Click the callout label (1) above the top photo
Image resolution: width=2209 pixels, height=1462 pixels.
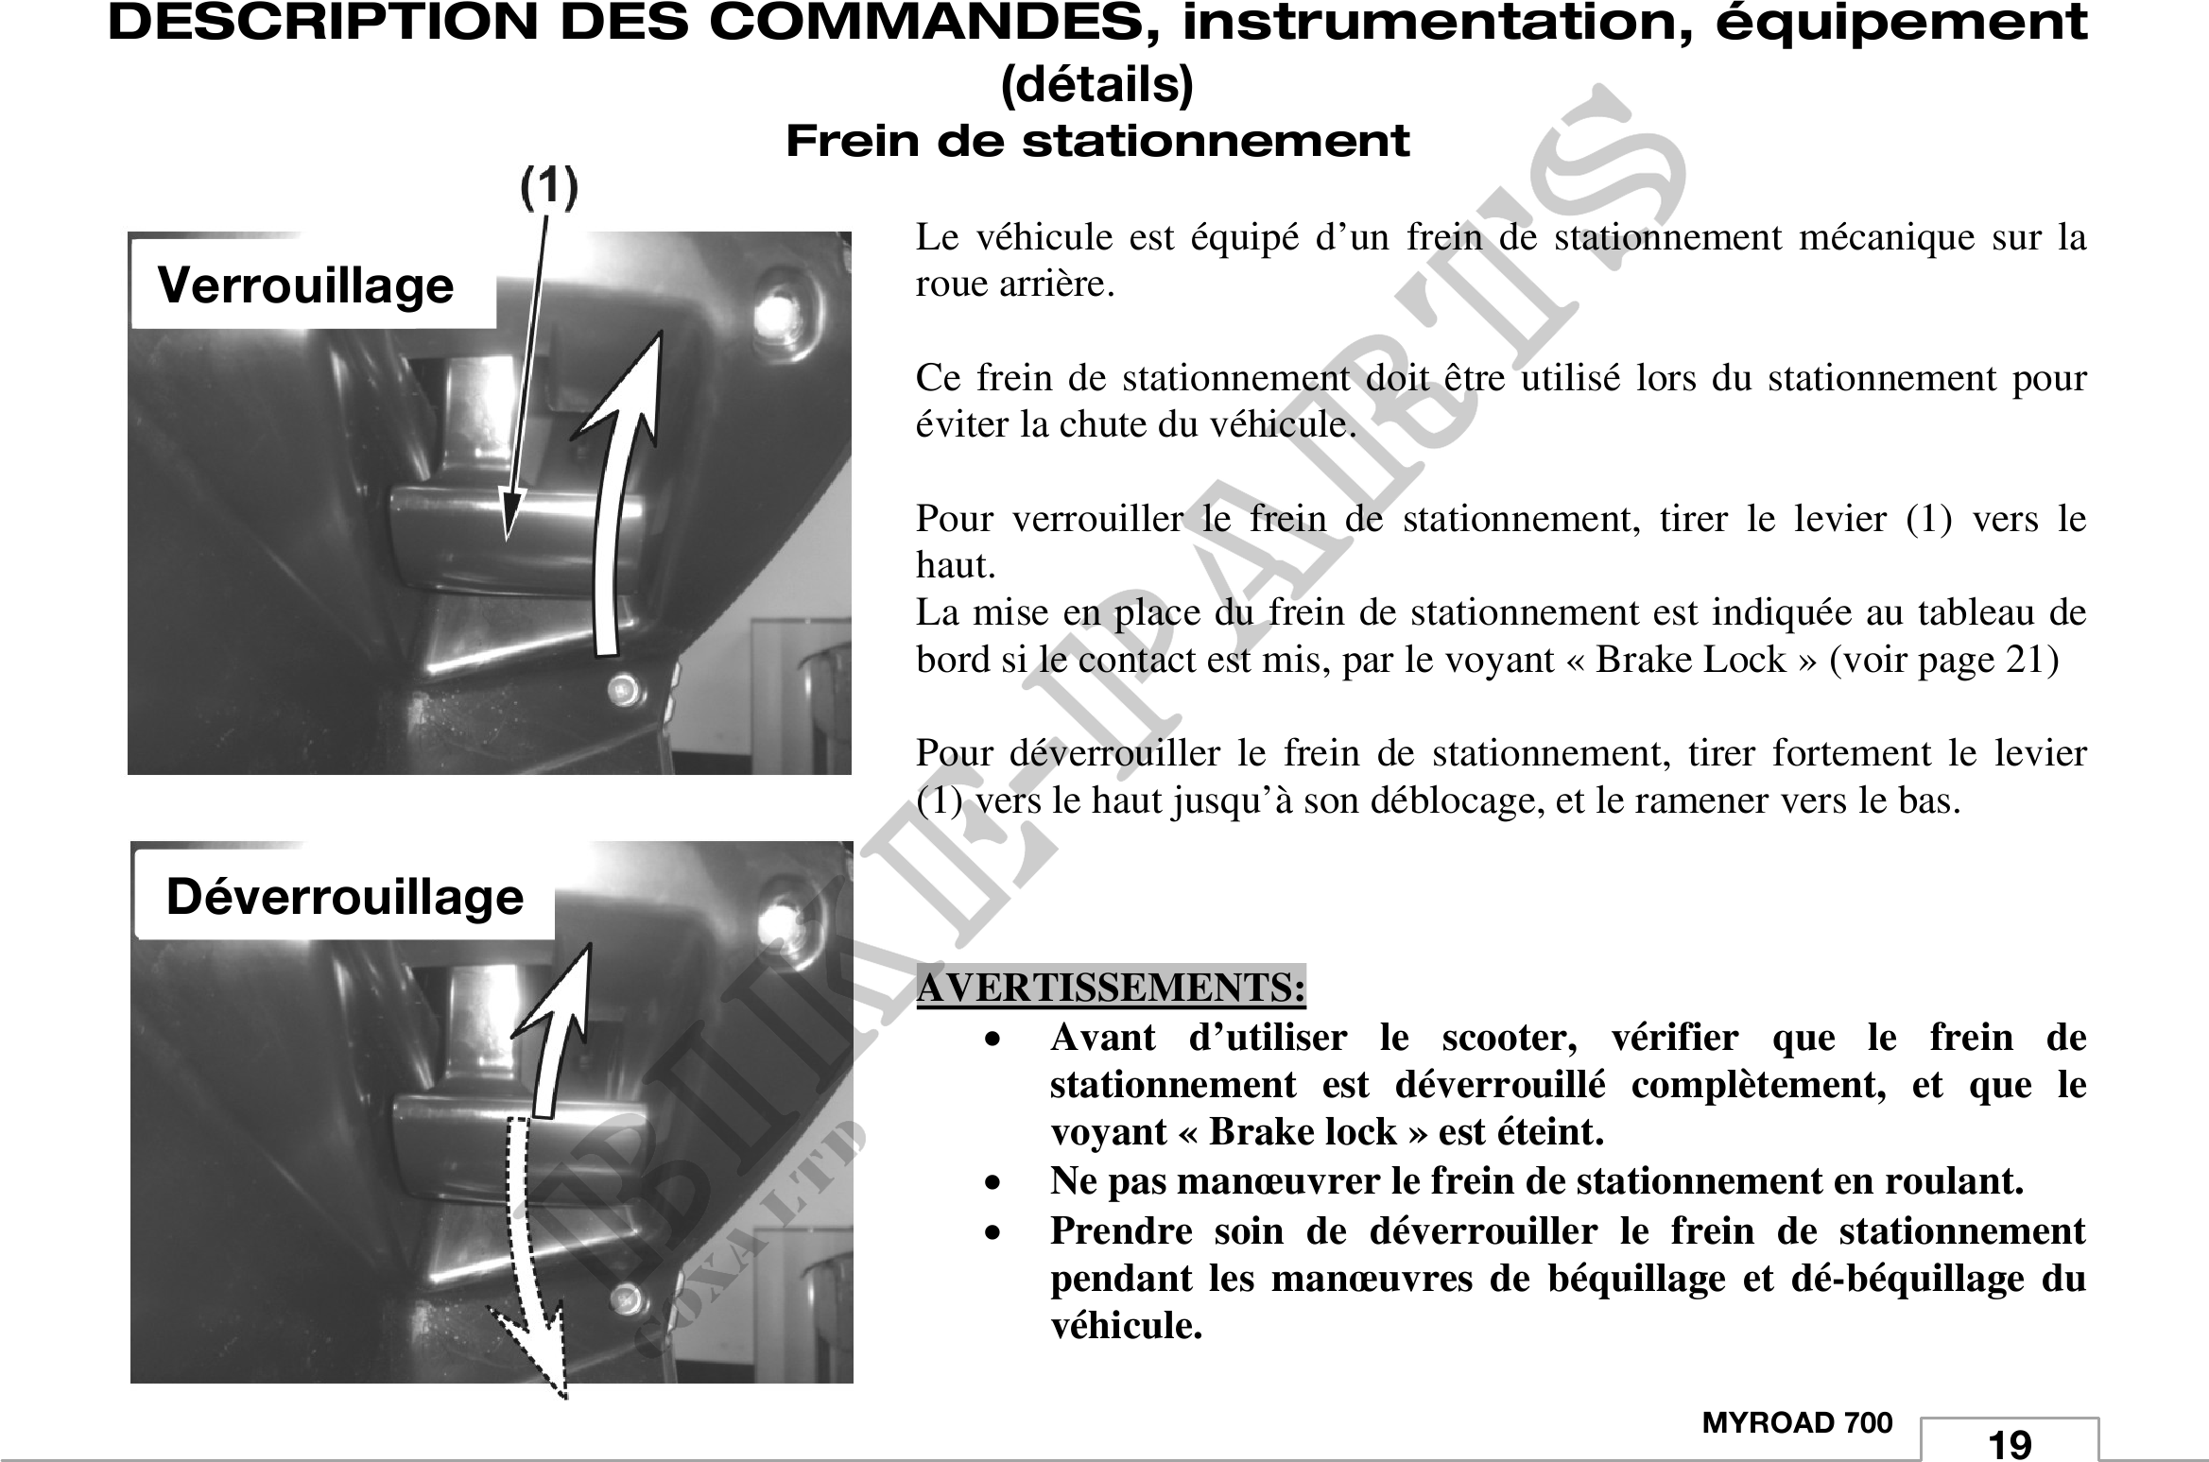[x=549, y=189]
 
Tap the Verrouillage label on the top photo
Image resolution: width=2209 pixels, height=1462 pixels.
[x=305, y=285]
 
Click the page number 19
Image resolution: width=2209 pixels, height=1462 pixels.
[x=2010, y=1443]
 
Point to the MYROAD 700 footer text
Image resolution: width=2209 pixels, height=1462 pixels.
[x=1797, y=1422]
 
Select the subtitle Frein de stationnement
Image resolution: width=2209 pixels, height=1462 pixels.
[x=1097, y=142]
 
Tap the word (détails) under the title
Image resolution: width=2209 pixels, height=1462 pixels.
[x=1096, y=85]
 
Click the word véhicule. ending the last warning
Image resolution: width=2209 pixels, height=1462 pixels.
[x=1127, y=1325]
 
